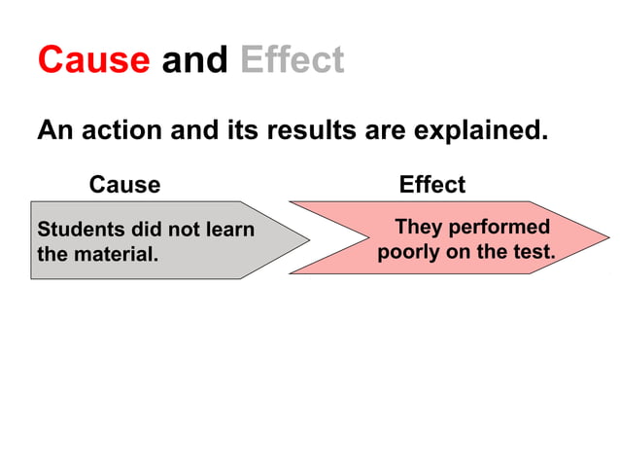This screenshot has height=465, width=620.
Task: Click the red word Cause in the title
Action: tap(93, 60)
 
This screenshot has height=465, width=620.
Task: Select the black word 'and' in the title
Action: tap(194, 60)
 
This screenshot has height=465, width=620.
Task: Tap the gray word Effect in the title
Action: tap(292, 60)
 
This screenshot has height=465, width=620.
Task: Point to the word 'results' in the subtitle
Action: tap(312, 130)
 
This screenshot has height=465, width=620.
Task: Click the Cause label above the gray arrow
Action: tap(124, 184)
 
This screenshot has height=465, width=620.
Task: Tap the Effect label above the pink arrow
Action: tap(431, 184)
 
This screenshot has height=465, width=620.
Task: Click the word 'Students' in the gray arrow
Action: tap(77, 230)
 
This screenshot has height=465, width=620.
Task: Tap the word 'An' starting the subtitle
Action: tap(52, 130)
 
